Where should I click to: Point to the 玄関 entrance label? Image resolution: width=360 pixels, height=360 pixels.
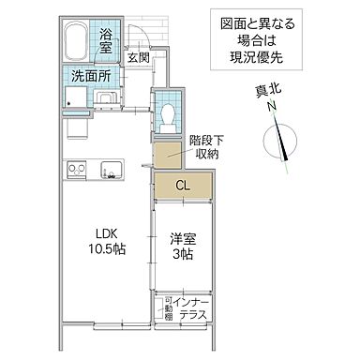139,58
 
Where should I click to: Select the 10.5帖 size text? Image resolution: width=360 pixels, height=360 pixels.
110,251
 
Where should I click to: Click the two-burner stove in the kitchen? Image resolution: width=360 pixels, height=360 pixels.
76,169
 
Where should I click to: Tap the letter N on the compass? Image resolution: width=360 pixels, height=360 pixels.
271,110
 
